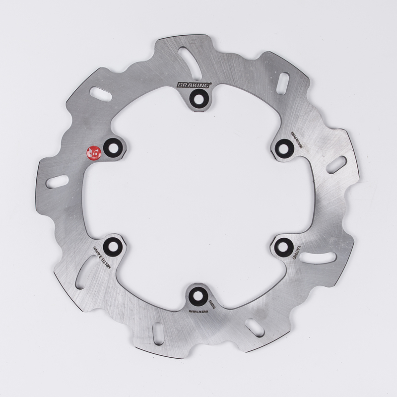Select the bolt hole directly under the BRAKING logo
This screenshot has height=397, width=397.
click(x=198, y=98)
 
